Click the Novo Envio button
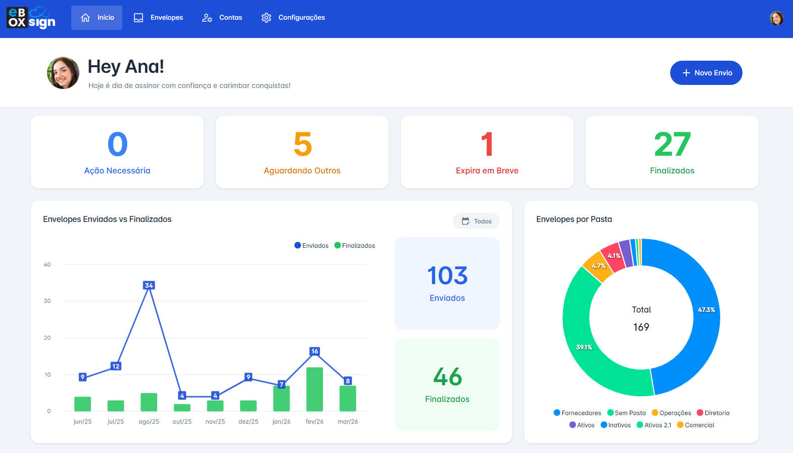pos(706,73)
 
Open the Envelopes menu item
pos(158,18)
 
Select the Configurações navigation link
pos(293,18)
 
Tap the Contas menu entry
pos(222,18)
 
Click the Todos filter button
pos(476,221)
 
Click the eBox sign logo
pos(31,18)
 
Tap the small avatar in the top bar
pos(776,18)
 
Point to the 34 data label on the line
pos(149,285)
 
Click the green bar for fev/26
pos(314,389)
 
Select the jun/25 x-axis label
pos(82,422)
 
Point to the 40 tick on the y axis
pos(47,264)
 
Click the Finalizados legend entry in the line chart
pos(355,246)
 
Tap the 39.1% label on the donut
pos(584,347)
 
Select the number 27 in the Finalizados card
pos(672,145)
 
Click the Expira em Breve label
pos(487,171)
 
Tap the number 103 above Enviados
pos(447,276)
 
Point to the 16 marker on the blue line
pos(314,351)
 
